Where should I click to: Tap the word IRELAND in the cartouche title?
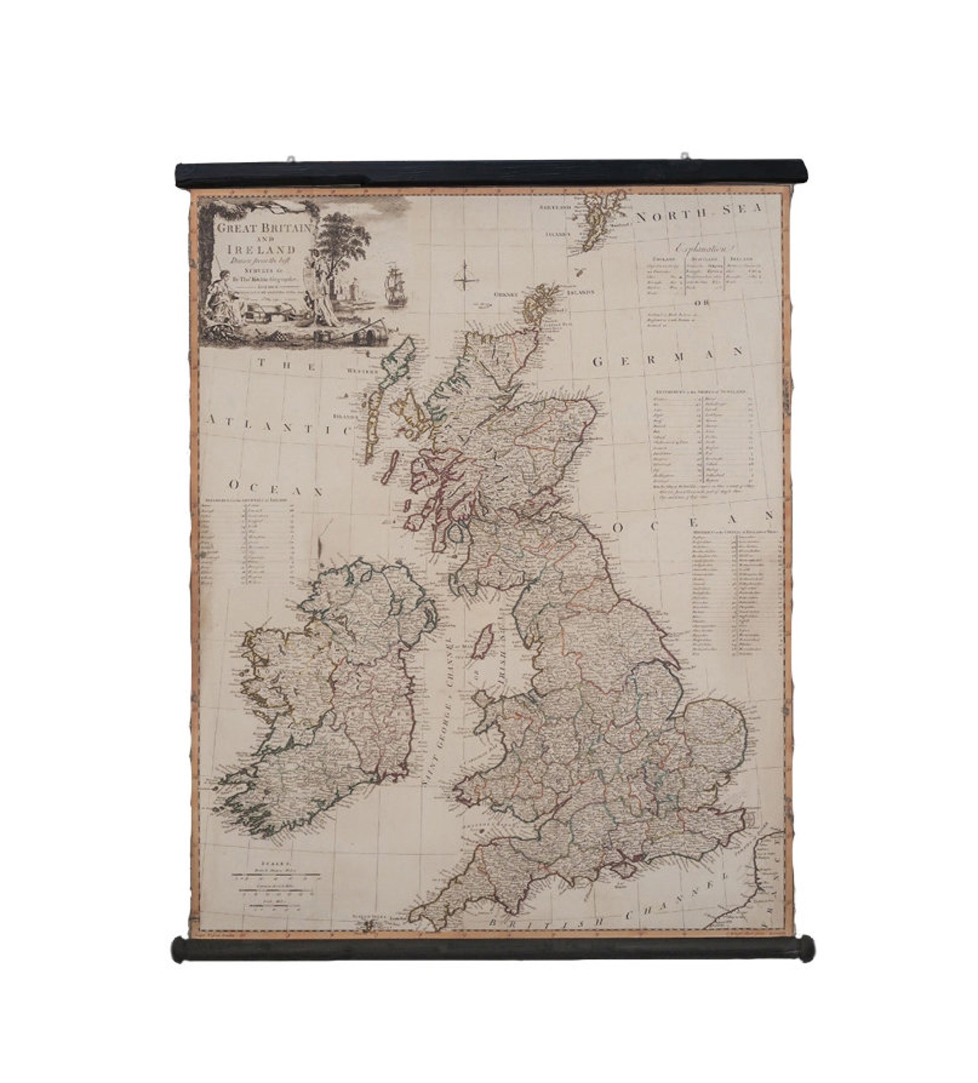click(x=261, y=249)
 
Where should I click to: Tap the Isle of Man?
click(x=486, y=640)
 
